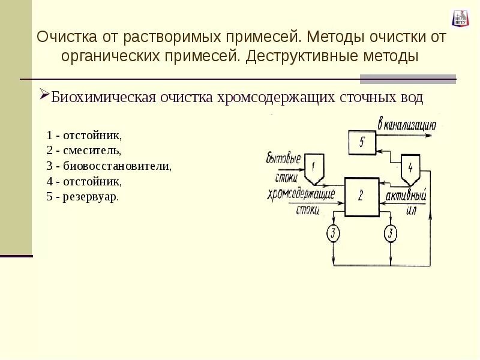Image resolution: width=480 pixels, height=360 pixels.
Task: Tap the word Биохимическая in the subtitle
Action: [104, 98]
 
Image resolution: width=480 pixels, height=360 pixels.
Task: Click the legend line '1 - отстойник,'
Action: [84, 134]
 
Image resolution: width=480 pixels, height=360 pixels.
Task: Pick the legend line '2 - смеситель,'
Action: [84, 150]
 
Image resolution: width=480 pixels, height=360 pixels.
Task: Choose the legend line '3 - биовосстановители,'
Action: [109, 166]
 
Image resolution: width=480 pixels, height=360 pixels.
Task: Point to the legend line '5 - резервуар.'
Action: [83, 197]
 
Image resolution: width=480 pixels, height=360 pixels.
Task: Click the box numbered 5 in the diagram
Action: [362, 143]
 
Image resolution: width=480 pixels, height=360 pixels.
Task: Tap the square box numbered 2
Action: [361, 196]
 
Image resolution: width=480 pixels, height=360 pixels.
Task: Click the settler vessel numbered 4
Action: [410, 169]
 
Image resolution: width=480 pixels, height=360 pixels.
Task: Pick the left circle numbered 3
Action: [334, 232]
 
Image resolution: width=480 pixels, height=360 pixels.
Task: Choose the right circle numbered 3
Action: [391, 232]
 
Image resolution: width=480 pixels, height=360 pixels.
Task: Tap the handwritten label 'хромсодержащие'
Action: [302, 194]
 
